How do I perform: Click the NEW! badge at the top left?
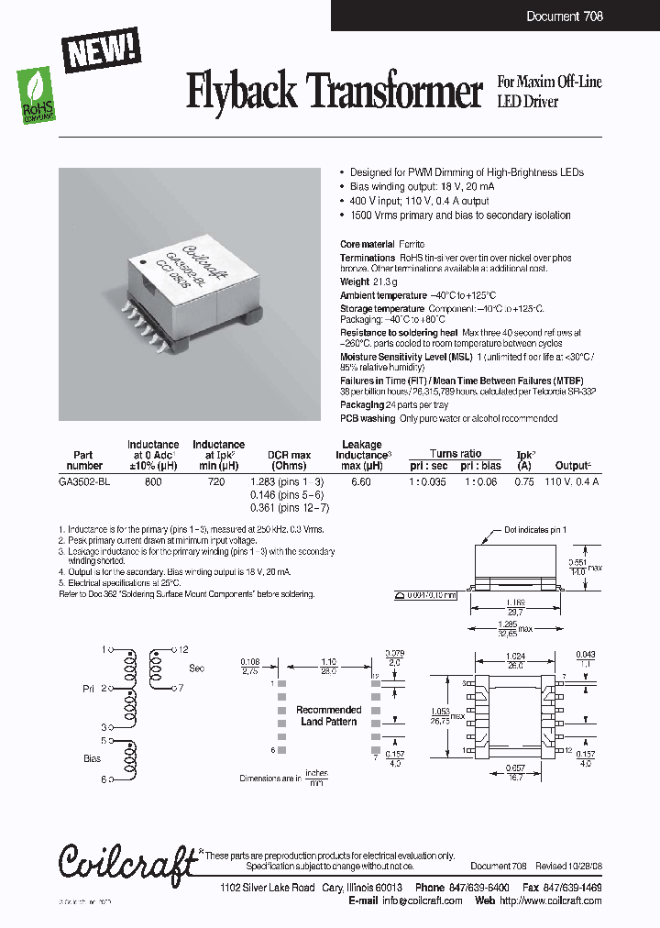(101, 48)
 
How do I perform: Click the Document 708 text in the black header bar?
(565, 17)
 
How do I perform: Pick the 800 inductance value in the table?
(153, 481)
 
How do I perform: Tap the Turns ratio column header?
(456, 453)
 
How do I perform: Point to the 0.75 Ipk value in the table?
(522, 481)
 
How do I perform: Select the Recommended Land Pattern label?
(328, 715)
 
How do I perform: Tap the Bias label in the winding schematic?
(92, 759)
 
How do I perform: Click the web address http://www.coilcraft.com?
(554, 900)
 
